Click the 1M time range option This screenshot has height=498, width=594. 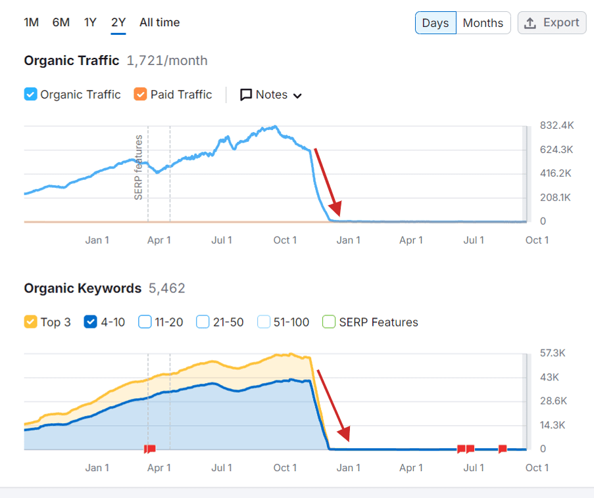[31, 22]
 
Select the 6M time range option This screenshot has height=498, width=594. [61, 22]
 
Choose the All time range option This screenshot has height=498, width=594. [159, 22]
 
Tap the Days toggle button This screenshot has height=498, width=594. [435, 23]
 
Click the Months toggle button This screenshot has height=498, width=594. [483, 23]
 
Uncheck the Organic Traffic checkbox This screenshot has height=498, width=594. [30, 95]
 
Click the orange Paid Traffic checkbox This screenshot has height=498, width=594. [140, 95]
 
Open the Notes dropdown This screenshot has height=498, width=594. [271, 95]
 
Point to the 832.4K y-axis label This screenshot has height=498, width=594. [557, 125]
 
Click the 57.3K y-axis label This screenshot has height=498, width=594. [553, 353]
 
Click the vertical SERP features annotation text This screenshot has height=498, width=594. [138, 167]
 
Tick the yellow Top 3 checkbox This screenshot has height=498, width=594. [30, 322]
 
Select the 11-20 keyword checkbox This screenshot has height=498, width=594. [145, 322]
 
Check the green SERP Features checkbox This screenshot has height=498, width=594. [329, 322]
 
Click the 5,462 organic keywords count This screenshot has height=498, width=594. [166, 288]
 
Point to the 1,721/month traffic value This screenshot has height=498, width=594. [166, 60]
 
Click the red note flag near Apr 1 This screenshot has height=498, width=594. [149, 449]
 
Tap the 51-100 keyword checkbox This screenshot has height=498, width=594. [264, 322]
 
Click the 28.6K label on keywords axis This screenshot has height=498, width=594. [553, 401]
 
